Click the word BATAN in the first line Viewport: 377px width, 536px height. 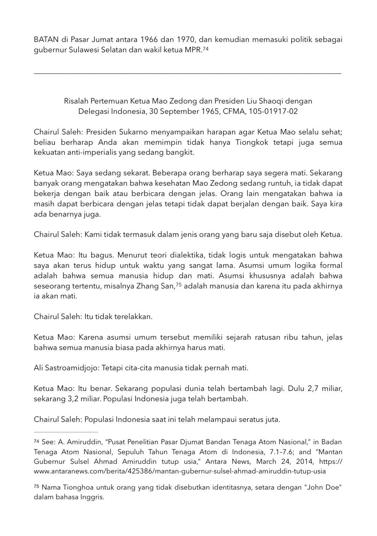click(x=45, y=40)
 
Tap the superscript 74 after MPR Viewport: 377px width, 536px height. click(x=206, y=49)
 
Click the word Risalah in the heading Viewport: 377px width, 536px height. click(x=76, y=101)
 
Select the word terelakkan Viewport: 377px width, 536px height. click(x=135, y=317)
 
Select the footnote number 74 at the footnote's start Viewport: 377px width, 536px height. click(x=36, y=441)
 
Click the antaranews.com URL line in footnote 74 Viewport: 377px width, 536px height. click(x=180, y=471)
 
